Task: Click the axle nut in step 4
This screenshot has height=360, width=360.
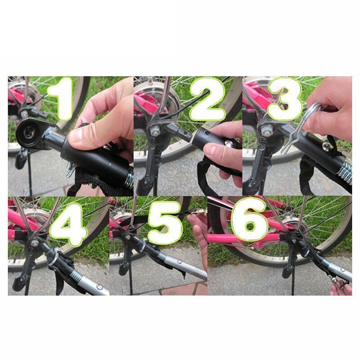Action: click(34, 243)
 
